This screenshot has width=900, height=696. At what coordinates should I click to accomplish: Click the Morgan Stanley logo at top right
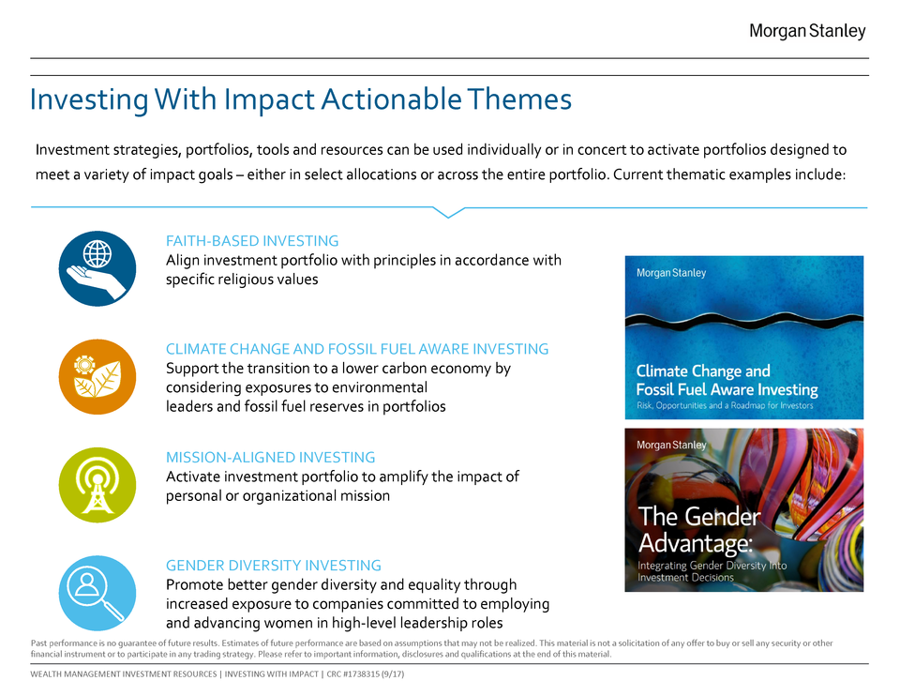pos(807,31)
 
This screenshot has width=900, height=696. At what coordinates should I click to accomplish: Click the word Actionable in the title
pos(391,98)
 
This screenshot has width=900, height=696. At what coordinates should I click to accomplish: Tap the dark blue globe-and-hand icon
pos(97,268)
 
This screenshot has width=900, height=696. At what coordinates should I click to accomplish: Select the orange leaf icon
pos(97,377)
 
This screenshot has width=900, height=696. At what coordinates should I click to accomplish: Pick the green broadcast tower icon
pos(97,485)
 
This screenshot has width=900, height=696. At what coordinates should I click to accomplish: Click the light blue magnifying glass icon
pos(97,593)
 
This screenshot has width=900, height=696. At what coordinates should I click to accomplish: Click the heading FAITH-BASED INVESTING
pos(252,241)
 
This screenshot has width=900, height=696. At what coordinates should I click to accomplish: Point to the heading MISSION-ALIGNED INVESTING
pos(270,457)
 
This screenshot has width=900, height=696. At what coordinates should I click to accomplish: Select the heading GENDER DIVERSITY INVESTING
pos(273,565)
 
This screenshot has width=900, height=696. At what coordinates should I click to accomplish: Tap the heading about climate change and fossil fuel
pos(357,349)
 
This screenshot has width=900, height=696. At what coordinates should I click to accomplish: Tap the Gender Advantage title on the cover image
pos(699,529)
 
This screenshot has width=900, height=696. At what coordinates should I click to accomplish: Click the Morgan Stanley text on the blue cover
pos(671,273)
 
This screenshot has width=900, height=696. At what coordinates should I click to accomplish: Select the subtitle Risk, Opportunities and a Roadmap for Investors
pos(725,405)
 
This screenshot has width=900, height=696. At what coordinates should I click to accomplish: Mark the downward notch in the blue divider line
pos(448,213)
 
